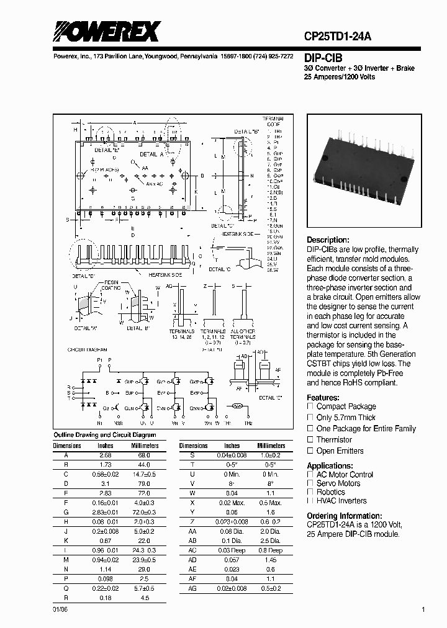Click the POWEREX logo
[106, 32]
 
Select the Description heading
[328, 240]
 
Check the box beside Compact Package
[310, 406]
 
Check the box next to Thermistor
[310, 439]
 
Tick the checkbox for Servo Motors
[310, 483]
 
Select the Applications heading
[330, 466]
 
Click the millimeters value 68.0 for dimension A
[144, 455]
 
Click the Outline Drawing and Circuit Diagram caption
[105, 435]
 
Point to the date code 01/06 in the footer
[58, 610]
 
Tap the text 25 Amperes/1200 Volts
[340, 76]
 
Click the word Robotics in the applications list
[330, 492]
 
